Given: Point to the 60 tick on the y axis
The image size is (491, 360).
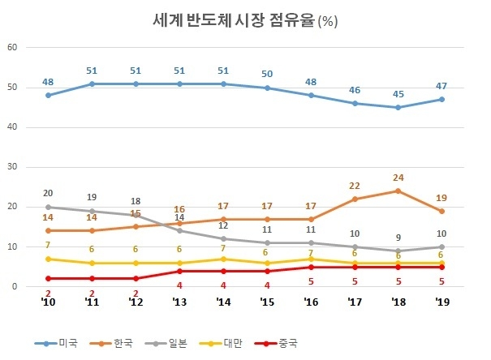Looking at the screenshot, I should (11, 48).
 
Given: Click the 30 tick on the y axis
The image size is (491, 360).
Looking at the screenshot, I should (11, 167).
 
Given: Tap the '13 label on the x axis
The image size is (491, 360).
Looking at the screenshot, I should (179, 302).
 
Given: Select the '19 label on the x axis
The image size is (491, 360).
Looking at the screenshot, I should (441, 302).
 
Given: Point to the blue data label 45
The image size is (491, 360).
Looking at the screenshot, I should (398, 92).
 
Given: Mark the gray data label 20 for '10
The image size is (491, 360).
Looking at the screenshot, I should (48, 193).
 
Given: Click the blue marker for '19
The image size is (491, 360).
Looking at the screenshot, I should (441, 100).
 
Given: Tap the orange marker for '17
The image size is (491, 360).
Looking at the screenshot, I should (354, 199).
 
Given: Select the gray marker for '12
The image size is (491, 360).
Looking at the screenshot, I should (136, 215).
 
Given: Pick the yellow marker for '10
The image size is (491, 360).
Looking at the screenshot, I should (48, 259).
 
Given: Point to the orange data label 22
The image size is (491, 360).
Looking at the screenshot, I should (354, 186).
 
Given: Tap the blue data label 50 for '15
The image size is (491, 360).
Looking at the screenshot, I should (267, 74).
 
